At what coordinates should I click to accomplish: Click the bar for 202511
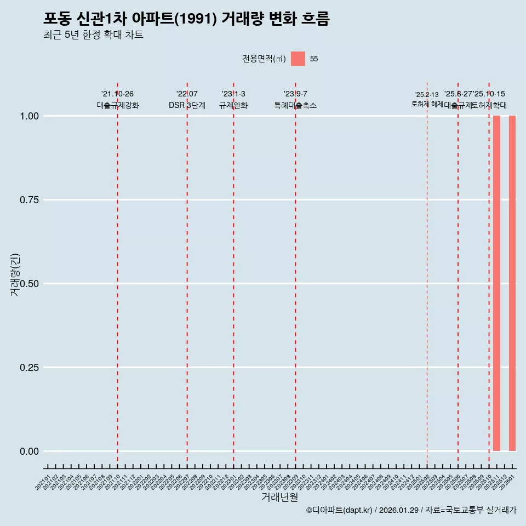pos(496,283)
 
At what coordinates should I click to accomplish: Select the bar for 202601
pos(512,283)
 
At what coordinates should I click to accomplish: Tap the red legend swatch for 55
pos(298,59)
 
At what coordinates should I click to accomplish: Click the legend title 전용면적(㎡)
pos(264,59)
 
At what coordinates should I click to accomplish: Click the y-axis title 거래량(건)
pos(15,275)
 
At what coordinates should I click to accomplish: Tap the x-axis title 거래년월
pos(279,497)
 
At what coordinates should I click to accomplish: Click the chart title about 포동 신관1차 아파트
pos(186,19)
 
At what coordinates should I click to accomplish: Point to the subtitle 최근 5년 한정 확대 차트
pos(93,36)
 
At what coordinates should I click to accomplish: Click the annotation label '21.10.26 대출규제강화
pos(117,100)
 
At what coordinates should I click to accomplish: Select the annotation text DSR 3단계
pos(187,105)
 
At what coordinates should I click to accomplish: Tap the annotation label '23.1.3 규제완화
pos(233,100)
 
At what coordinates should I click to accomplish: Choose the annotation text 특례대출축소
pos(295,105)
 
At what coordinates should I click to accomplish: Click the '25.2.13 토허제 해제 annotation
pos(427,99)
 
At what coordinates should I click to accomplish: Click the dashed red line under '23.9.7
pos(295,274)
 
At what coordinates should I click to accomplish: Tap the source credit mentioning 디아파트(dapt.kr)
pos(411,511)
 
